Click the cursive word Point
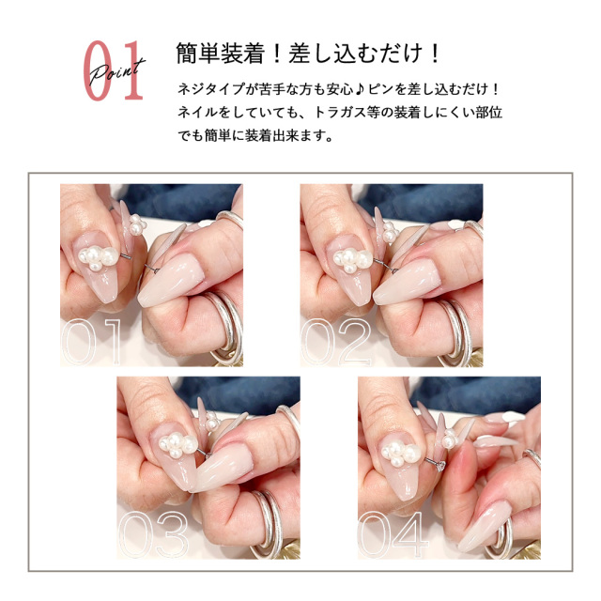pos(117,71)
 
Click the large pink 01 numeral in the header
pos(114,70)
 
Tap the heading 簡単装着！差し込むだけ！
pos(308,54)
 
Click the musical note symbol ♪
pos(359,89)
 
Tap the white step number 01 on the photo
pos(91,341)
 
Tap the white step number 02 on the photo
pos(336,341)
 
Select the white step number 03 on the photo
pos(154,534)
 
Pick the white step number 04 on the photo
pos(393,534)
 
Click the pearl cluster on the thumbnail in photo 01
pos(98,257)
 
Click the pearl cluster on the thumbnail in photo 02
pos(353,261)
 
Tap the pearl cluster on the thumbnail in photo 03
pos(178,444)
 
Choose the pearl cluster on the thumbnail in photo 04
pos(401,453)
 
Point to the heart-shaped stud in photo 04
pos(441,466)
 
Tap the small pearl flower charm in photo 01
pos(136,224)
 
